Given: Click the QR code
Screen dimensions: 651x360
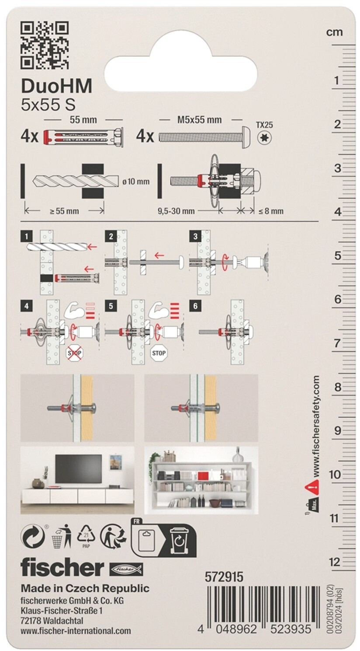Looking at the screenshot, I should [x=45, y=47].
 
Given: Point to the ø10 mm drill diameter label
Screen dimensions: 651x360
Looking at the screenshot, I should [x=137, y=180].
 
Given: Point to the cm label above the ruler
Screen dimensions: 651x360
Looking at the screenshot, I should [x=335, y=32].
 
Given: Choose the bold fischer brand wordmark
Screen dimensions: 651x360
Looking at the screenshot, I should [x=62, y=567].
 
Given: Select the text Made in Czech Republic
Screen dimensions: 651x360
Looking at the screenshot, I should [x=85, y=588].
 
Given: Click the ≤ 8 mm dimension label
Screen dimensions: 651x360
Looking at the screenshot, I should [x=271, y=211].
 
